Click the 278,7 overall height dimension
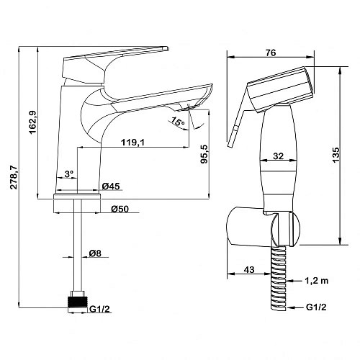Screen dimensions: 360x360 click(14, 177)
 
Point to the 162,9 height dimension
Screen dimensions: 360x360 click(32, 122)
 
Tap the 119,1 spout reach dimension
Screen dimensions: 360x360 click(132, 143)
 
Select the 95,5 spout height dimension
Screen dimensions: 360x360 click(204, 154)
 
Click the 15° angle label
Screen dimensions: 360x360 click(178, 122)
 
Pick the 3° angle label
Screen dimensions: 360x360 click(69, 174)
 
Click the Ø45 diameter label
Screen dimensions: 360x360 click(111, 186)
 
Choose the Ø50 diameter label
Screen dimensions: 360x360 click(120, 209)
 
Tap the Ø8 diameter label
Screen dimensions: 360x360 click(95, 253)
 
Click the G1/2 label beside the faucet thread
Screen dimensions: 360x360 click(99, 309)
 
